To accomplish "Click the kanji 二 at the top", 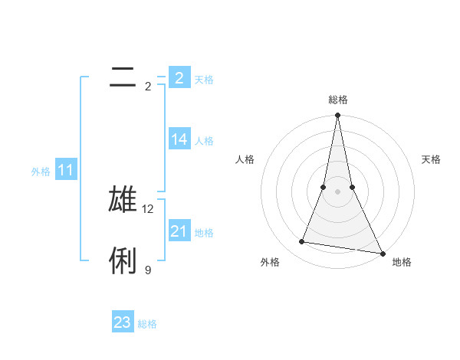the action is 123,77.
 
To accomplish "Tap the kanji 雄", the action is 123,198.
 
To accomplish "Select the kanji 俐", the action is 123,260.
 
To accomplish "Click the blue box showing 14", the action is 179,139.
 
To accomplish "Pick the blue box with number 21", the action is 179,231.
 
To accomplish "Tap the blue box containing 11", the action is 66,171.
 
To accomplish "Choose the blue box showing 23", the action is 123,322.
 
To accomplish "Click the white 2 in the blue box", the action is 179,78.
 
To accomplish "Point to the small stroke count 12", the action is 149,208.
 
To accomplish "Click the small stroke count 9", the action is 148,270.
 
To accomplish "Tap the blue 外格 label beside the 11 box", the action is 41,172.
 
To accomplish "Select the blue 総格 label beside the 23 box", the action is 147,324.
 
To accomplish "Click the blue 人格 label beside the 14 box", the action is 204,141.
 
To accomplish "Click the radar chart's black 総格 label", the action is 337,100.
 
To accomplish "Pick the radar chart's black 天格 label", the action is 431,159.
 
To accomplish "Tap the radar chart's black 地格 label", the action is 402,262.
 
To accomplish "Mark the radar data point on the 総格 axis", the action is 337,116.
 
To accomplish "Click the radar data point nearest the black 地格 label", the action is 382,253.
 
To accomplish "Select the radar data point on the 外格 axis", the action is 302,242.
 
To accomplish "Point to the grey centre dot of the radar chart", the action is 337,191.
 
